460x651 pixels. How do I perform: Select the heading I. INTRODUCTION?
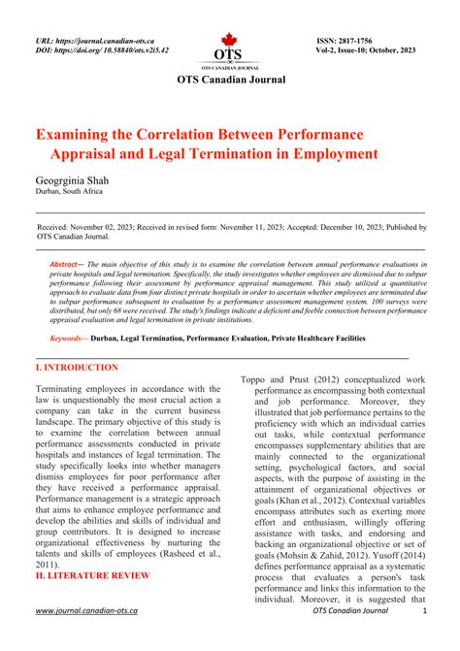tap(77, 368)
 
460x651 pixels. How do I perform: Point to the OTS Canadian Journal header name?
tap(230, 80)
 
